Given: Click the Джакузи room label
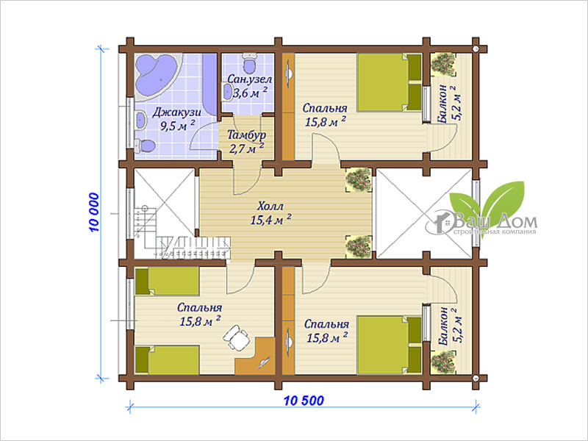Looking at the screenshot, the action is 177,112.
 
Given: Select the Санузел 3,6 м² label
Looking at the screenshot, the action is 250,86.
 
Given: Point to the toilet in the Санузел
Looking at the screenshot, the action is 249,63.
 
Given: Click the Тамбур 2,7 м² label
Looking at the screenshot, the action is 247,142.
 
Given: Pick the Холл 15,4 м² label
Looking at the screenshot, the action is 270,213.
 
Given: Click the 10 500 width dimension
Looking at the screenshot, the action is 304,401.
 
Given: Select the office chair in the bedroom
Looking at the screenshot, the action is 236,337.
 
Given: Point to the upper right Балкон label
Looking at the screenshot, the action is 448,104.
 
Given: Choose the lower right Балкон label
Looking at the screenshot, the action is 448,326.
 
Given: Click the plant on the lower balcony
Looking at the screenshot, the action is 443,362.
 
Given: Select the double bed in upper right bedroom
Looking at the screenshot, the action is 390,82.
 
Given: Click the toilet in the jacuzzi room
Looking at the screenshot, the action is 145,146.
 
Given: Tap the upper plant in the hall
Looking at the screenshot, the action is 359,180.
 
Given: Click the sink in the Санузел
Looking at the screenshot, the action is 228,92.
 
